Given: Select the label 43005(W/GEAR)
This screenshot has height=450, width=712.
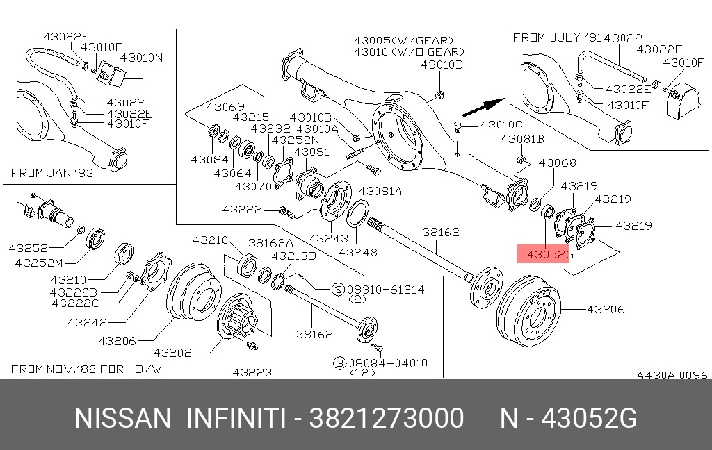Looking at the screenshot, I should point(403,40).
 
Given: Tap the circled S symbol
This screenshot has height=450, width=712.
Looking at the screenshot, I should point(337,290).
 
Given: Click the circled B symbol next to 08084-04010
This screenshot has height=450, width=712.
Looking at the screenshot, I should point(339,362).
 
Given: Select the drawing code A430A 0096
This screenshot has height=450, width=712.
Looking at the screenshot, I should point(672,375).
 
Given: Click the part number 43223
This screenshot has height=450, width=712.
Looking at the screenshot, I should point(252,372).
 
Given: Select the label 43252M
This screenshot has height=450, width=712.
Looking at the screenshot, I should point(40,262).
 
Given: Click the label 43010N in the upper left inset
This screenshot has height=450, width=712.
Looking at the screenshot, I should point(142,58).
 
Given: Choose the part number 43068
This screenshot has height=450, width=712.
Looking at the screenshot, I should point(558,162).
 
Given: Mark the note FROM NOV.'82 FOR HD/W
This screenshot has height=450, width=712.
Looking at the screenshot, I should point(87,368).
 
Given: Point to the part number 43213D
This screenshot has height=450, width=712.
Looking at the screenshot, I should point(294,256).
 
